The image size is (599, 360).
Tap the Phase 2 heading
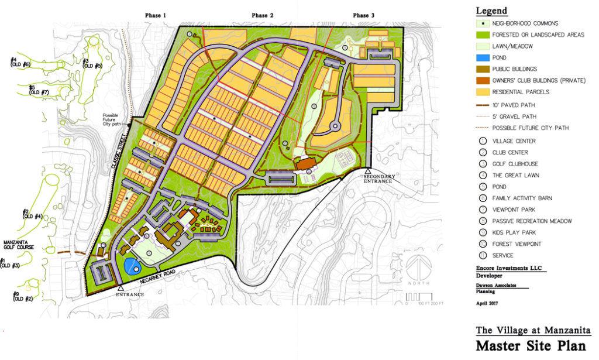[x=260, y=15]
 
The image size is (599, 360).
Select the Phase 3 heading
[x=362, y=15]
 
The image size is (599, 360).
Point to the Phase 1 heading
[x=156, y=15]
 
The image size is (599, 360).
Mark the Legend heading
[x=491, y=11]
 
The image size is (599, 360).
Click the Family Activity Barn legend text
[x=522, y=198]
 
